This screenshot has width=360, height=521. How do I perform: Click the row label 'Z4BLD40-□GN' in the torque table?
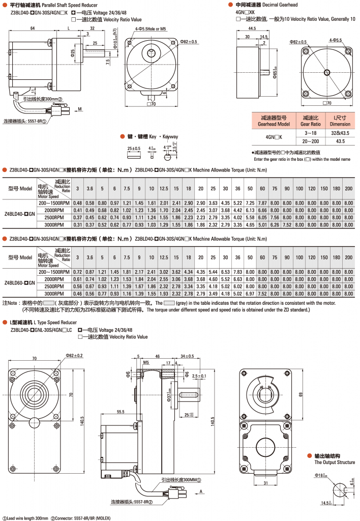point(20,214)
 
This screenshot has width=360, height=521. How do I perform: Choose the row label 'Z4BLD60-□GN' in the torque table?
point(20,283)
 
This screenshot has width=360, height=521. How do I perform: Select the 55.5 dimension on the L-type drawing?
point(121,411)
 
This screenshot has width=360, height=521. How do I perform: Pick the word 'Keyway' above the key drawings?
point(169,137)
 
